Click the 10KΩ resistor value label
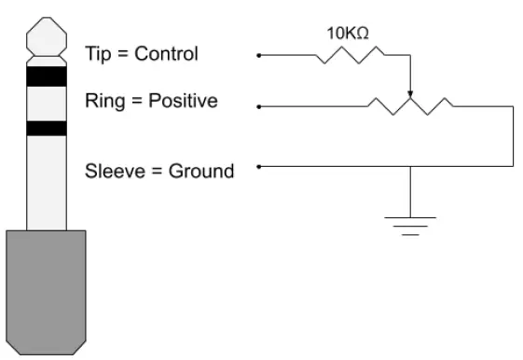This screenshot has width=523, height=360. [347, 32]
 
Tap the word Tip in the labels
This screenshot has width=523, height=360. [97, 53]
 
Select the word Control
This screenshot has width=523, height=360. [166, 53]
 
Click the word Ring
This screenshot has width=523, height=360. [103, 100]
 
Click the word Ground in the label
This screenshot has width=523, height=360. [200, 171]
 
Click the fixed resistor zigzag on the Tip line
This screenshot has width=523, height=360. [350, 56]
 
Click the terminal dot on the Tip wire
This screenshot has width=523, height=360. [259, 56]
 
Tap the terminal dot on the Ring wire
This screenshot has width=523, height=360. [259, 107]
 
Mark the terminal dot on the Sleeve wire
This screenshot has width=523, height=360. [259, 168]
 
